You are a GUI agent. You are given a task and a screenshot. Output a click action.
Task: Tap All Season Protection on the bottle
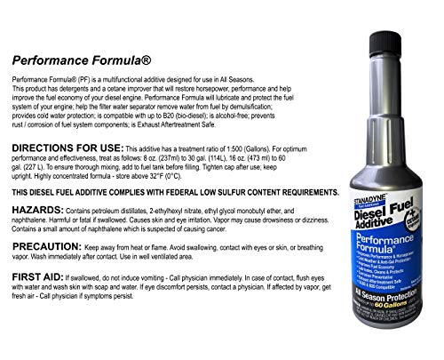tap(383, 293)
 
